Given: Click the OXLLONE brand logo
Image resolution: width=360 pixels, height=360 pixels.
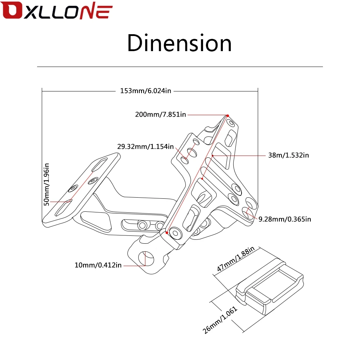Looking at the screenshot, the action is coord(57,10).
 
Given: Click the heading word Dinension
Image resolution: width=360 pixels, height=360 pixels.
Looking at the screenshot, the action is coord(179,43).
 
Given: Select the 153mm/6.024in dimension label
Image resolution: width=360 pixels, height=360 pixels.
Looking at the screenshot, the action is coord(145,91).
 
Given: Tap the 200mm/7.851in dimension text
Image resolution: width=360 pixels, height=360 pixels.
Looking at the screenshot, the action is coord(161,114).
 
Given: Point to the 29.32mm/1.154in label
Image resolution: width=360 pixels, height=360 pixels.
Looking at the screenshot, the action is coord(145,147).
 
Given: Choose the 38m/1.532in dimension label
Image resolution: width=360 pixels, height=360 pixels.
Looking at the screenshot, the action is coord(289,155).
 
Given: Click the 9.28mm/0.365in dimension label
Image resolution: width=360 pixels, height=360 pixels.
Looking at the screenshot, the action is coord(285,219).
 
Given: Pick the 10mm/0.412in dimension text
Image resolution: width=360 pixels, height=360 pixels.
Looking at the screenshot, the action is coord(98,265).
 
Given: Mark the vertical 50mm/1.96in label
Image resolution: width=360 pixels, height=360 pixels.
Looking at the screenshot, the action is coord(46,184).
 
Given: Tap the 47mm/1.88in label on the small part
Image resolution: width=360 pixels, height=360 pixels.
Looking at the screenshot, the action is coord(236,259).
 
